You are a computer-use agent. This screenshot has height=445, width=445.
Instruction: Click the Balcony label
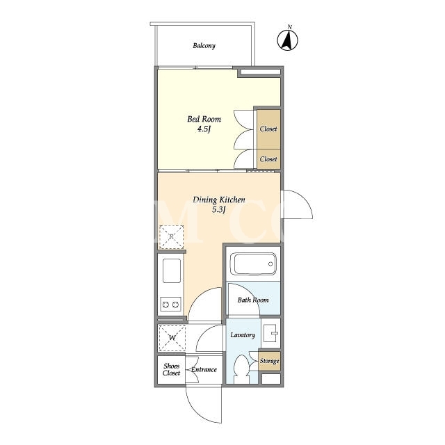[x=204, y=46]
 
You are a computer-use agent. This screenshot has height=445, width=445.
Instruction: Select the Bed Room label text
[x=204, y=119]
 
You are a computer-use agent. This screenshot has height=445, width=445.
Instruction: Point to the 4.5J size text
[x=204, y=129]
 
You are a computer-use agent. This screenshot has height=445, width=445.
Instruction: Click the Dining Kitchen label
[x=219, y=200]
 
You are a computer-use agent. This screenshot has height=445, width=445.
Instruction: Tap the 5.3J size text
[x=219, y=210]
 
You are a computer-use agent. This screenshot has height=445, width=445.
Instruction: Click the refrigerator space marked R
[x=171, y=237]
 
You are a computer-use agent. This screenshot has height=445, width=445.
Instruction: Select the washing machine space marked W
[x=172, y=338]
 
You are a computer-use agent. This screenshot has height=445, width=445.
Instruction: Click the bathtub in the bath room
[x=253, y=264]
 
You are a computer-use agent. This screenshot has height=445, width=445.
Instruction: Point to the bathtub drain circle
[x=270, y=264]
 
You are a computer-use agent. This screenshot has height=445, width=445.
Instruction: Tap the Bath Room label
[x=253, y=300]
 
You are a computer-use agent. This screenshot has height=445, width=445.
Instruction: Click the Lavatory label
[x=243, y=335]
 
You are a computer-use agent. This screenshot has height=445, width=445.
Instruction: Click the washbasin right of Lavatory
[x=270, y=333]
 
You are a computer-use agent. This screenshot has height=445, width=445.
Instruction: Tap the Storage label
[x=269, y=361]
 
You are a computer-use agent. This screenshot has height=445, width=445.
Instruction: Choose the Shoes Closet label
[x=172, y=369]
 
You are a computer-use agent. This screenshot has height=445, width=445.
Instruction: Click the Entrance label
[x=204, y=369]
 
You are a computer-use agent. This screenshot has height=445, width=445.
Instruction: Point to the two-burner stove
[x=170, y=305]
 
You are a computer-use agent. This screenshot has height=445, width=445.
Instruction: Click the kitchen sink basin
[x=172, y=270]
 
